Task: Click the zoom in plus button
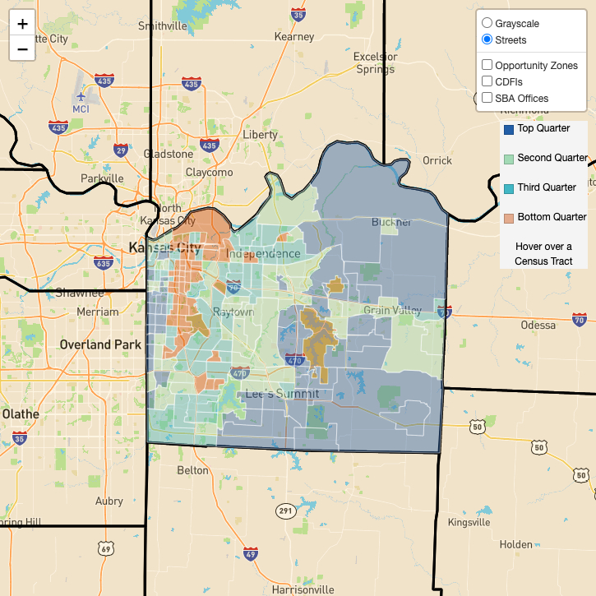click(22, 25)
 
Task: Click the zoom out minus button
click(22, 49)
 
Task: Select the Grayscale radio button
click(487, 24)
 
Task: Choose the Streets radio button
click(487, 39)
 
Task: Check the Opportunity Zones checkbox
click(487, 65)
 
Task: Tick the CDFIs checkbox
click(487, 81)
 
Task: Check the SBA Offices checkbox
click(487, 98)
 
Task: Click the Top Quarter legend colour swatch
click(508, 129)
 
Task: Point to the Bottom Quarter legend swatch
click(508, 218)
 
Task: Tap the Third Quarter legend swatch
click(508, 188)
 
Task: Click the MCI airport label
click(81, 109)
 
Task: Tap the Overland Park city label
click(100, 344)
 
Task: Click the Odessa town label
click(538, 326)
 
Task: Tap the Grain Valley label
click(392, 310)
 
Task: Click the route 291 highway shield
click(284, 511)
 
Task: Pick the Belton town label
click(193, 470)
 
